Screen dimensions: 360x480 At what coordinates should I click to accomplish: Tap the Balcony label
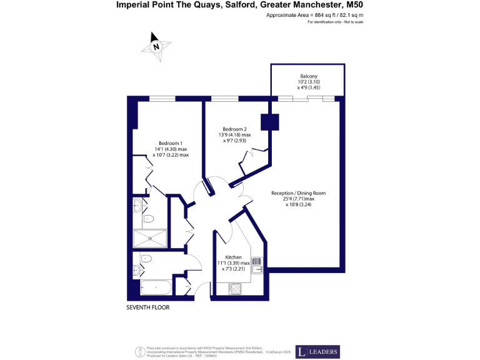308,76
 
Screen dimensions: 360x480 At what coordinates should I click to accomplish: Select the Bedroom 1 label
171,141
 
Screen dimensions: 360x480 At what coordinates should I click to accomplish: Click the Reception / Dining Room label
298,193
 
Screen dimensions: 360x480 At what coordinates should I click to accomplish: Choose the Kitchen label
234,257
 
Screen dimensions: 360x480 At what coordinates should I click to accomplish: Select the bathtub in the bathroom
155,287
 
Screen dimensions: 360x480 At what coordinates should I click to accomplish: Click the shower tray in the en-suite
150,237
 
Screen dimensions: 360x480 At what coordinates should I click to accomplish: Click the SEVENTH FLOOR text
147,307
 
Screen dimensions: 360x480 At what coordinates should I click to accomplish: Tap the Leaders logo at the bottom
317,352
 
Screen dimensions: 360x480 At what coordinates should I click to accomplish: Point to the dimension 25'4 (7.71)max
297,199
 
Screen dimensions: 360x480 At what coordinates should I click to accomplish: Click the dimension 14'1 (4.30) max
171,149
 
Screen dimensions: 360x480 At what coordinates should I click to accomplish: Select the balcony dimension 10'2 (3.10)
308,82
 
